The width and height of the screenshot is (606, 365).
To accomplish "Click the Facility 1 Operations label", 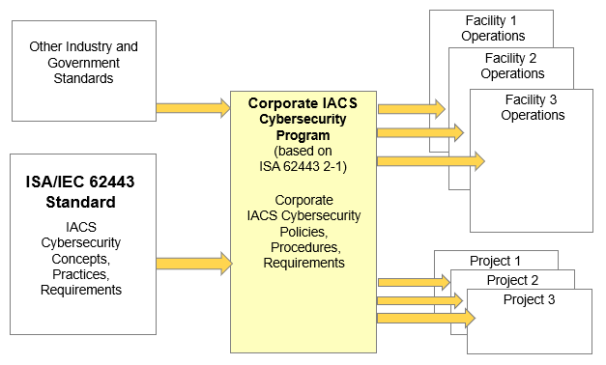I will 493,28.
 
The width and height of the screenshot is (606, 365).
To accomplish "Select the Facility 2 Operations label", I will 512,66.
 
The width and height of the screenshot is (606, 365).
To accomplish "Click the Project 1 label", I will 495,261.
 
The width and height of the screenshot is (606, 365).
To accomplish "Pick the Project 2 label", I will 512,280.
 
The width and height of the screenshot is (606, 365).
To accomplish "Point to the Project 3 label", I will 529,299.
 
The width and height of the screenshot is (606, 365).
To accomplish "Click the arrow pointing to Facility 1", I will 411,108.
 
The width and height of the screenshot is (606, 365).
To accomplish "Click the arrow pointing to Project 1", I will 414,282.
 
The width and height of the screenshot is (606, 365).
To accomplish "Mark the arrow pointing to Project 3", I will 426,318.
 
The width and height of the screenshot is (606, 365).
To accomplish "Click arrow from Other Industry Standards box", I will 193,108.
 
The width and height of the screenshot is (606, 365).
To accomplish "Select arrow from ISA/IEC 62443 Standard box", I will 193,262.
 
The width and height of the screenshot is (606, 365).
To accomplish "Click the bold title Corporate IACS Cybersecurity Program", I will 303,119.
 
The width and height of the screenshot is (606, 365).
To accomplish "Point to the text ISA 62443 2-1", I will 303,166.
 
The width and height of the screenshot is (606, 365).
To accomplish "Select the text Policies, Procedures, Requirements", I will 303,246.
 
